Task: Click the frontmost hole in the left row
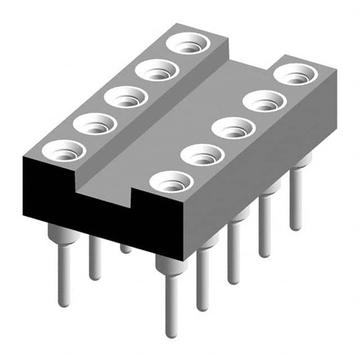point(64,151)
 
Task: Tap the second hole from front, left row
point(94,124)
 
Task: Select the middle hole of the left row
point(126,97)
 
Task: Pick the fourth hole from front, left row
point(157,70)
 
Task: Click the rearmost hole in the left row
point(188,43)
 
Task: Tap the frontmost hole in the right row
point(172,182)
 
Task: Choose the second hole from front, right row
point(203,155)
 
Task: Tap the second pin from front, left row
point(95,259)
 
